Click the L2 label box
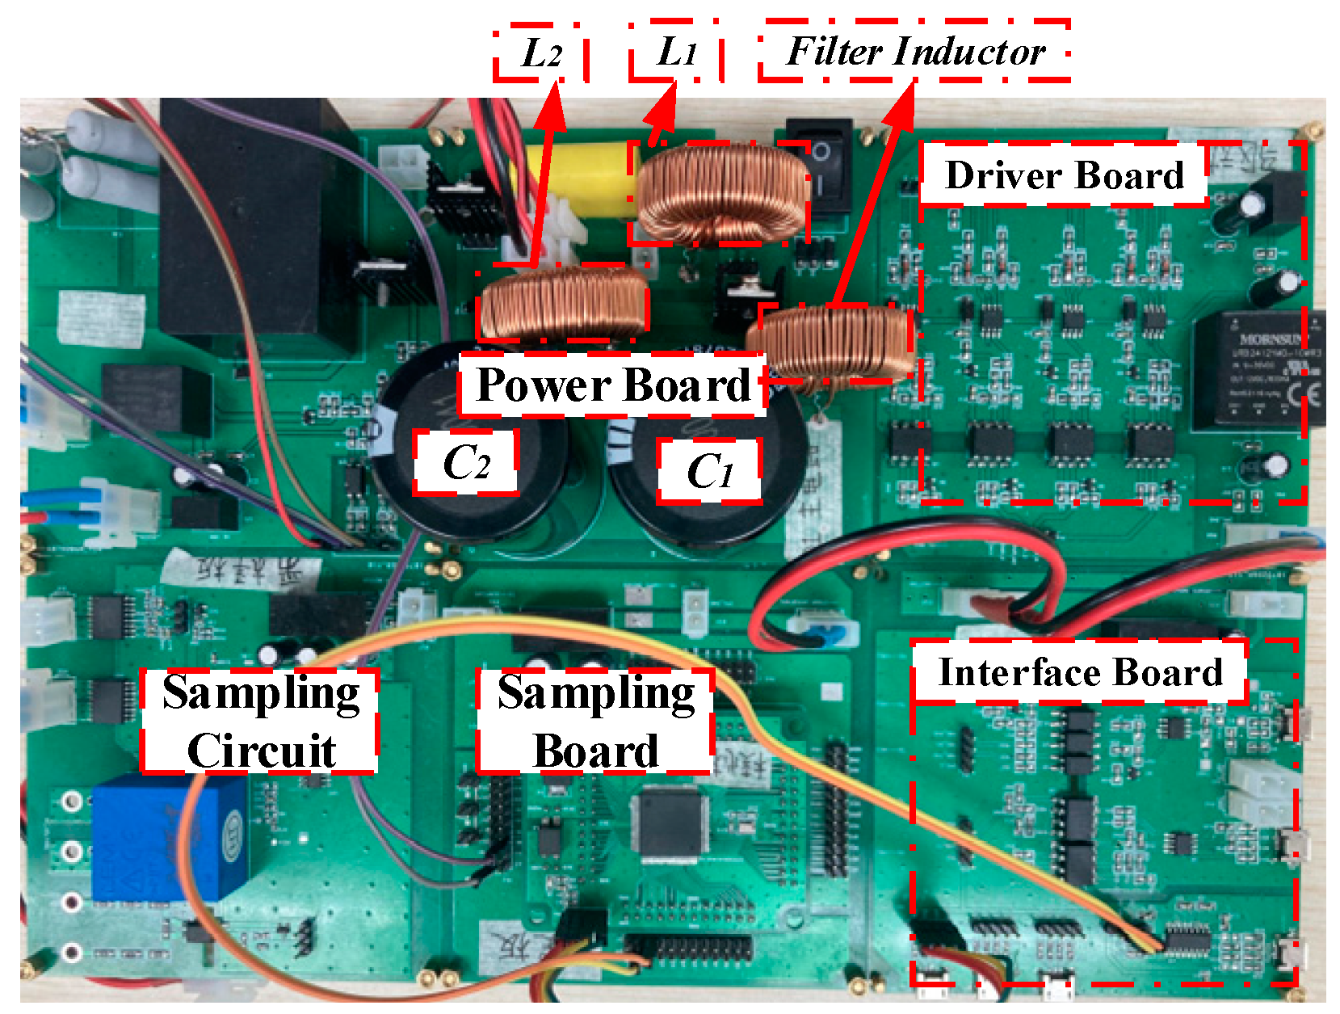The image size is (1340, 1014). pos(540,54)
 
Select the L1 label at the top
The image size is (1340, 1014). pos(676,54)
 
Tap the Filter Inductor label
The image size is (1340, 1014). pos(915,53)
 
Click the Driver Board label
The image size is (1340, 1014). pos(1064,175)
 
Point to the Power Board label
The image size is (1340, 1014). pos(613,385)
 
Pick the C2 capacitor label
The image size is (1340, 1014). pos(465,463)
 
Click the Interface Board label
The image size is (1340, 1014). pos(1080,672)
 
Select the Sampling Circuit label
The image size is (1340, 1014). pos(260,721)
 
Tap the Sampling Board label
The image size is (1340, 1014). pos(595,721)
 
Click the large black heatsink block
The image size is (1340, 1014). pos(250,218)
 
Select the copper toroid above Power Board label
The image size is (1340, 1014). pos(563,303)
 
